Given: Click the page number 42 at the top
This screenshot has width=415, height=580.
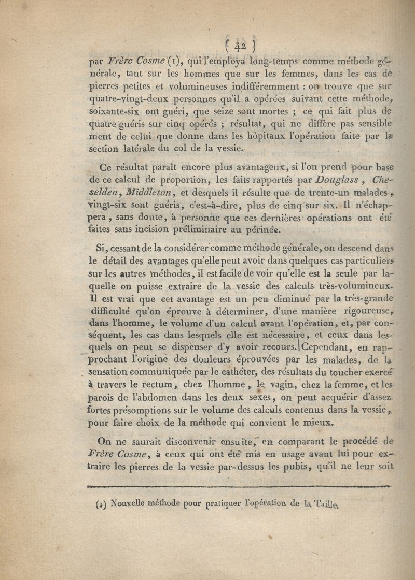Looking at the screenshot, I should click(240, 46).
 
